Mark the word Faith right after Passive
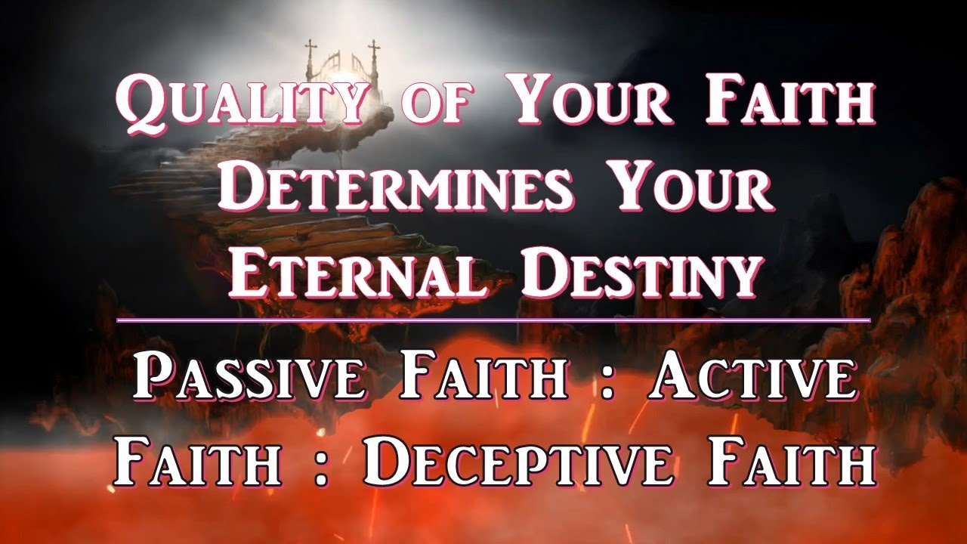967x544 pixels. [x=483, y=378]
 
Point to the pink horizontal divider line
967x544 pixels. [x=494, y=320]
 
